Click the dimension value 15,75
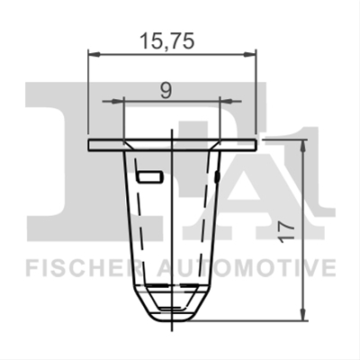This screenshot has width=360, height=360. (x=167, y=41)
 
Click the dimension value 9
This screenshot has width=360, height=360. (x=166, y=90)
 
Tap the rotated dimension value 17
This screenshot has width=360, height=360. (x=285, y=230)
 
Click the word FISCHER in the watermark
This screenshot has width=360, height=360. (x=84, y=267)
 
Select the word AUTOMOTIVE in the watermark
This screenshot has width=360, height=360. (x=247, y=267)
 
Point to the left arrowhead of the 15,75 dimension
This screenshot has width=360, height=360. (x=94, y=54)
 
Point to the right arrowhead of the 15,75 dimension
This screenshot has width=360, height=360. (x=250, y=54)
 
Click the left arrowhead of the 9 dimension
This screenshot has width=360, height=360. (x=118, y=102)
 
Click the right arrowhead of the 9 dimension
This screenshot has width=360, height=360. (x=226, y=102)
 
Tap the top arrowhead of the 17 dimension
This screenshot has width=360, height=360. (x=304, y=147)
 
